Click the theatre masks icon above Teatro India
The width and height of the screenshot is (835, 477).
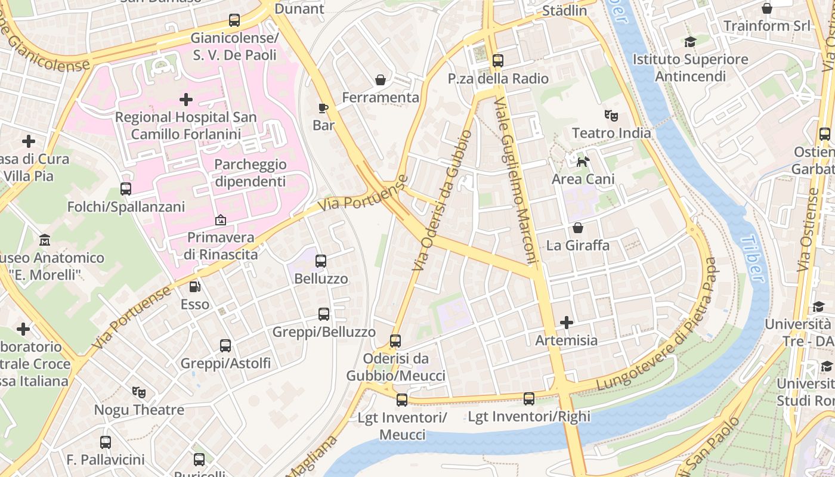point(611,115)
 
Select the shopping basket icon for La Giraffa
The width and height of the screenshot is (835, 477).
point(577,228)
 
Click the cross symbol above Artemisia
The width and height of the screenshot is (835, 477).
point(566,323)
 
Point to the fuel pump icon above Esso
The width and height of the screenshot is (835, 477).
point(195,287)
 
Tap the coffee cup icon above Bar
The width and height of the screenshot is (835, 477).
point(323,108)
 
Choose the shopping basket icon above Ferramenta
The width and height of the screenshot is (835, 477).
point(380,80)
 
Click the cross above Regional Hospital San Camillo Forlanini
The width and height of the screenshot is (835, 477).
point(186,100)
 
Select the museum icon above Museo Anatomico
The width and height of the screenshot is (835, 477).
point(45,241)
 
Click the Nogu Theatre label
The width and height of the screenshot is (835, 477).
point(139,410)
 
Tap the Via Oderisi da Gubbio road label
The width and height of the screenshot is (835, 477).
point(441,201)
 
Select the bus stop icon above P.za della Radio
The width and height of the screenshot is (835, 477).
point(498,61)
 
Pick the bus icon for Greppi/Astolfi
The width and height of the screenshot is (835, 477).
point(225,346)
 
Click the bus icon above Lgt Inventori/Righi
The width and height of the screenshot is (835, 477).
point(529,399)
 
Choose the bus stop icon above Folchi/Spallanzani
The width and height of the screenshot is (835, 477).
point(126,189)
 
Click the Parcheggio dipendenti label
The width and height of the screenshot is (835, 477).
point(250,173)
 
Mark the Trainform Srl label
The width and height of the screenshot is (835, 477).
point(767,26)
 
